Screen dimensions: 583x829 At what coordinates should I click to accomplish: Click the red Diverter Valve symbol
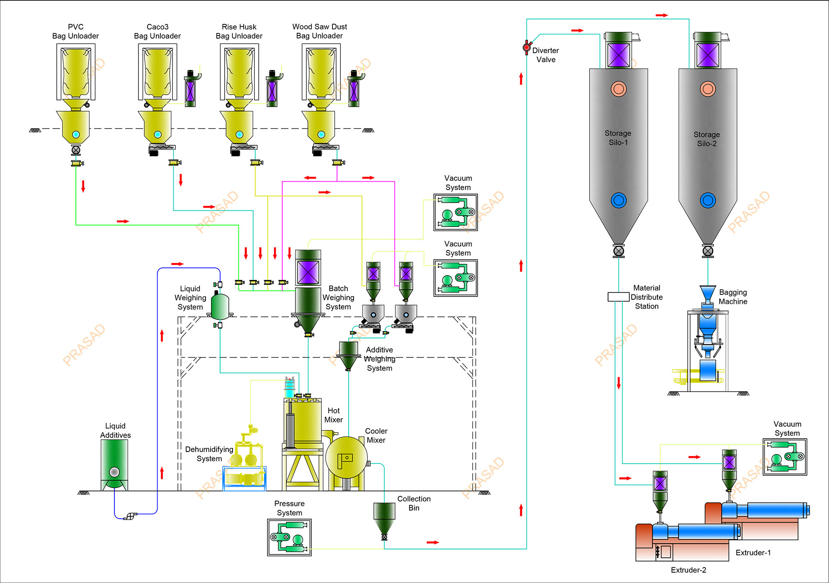point(526,47)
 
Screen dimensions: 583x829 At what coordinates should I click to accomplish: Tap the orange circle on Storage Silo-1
point(618,89)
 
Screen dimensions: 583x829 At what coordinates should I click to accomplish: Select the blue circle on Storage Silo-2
point(708,200)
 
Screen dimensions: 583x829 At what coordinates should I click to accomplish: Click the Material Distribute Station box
point(618,297)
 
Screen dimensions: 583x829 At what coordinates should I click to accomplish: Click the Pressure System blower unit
point(289,537)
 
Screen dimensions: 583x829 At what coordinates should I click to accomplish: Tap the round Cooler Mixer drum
point(347,458)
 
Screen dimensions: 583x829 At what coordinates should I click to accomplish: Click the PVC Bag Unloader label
point(75,32)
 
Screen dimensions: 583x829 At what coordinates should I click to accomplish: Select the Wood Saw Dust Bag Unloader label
point(320,31)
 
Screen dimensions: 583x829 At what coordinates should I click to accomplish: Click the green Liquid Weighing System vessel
point(220,306)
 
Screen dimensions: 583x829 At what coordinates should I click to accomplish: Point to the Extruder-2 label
point(688,570)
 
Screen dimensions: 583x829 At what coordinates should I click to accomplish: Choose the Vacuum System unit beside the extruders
point(785,457)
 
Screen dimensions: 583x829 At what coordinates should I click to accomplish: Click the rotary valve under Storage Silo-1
point(618,251)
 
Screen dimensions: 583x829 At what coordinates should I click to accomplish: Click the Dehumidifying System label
point(209,454)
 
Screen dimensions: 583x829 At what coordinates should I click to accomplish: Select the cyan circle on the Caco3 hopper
point(158,134)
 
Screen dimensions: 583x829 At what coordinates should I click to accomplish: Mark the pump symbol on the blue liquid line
point(130,516)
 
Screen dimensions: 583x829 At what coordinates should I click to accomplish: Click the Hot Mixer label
point(333,415)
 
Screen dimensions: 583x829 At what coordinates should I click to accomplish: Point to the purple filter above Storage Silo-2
point(708,55)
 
